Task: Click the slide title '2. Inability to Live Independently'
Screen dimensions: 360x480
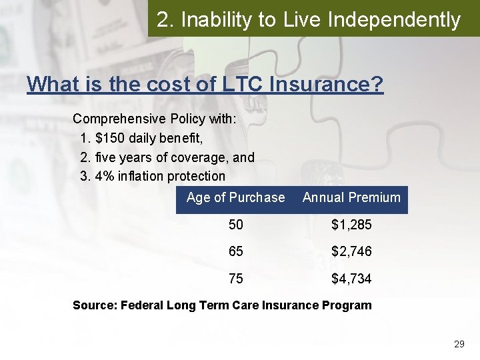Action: [309, 20]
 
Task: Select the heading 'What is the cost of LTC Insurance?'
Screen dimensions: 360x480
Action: [205, 84]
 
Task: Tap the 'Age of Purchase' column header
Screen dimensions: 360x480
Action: [235, 197]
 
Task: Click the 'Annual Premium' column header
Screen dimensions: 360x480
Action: [351, 197]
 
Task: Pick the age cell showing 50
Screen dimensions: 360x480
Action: [236, 225]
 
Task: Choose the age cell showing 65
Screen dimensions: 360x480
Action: [236, 252]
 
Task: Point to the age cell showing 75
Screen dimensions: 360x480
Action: [236, 279]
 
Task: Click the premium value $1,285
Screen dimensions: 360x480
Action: [351, 225]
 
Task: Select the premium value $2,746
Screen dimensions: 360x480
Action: [351, 252]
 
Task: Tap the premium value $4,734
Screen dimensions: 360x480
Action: [351, 279]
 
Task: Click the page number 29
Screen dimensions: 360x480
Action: [459, 344]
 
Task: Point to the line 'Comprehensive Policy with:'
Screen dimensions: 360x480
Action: [145, 119]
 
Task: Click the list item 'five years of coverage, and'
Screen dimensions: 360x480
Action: [175, 158]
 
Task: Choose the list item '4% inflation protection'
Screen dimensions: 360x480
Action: [160, 176]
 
